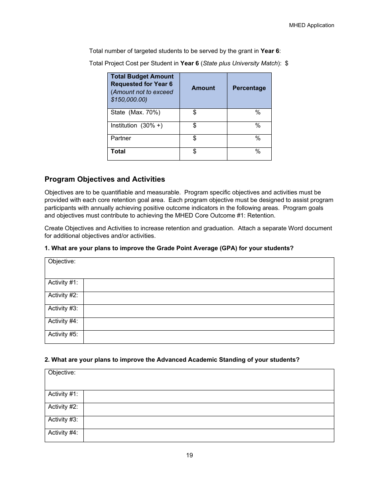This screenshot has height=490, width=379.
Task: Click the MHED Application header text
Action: [311, 25]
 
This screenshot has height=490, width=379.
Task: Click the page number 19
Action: [189, 455]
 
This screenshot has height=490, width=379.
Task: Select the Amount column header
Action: [203, 88]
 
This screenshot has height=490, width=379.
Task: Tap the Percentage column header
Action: [249, 88]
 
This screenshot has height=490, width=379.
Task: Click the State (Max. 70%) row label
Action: [135, 113]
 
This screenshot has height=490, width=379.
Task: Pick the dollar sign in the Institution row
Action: [194, 126]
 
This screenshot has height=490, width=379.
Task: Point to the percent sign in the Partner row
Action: [258, 139]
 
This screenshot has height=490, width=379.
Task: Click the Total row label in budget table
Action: [118, 151]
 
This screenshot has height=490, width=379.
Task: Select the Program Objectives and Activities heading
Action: [105, 179]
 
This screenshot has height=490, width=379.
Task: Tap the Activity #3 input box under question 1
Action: [208, 311]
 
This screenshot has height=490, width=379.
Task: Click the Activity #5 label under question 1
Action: [63, 334]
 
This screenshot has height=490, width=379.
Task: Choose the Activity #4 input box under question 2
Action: [208, 435]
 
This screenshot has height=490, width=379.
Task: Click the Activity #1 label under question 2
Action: [63, 394]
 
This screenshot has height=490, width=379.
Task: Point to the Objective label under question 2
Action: [62, 372]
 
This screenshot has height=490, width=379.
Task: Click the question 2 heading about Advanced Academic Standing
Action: [172, 360]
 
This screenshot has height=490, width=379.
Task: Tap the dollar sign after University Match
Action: [286, 63]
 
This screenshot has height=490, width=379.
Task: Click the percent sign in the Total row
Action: [258, 152]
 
